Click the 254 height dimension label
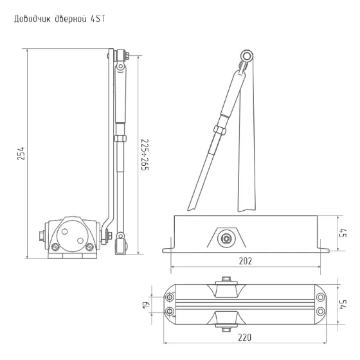coord(21,154)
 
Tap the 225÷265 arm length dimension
coord(145,154)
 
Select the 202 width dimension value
coord(245,261)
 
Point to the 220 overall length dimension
coord(245,337)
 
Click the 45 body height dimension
coord(343,233)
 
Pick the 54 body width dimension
coord(343,305)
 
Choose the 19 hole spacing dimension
coord(147,305)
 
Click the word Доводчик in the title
coord(32,19)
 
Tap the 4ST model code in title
coord(98,19)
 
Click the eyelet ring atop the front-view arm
coord(247,57)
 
